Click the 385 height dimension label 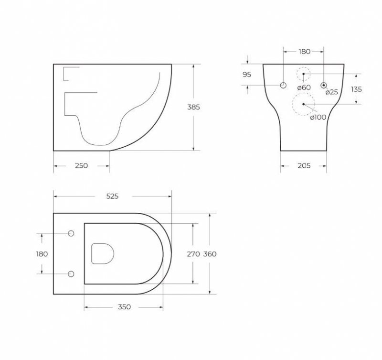(x=193, y=108)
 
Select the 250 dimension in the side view (x=81, y=166)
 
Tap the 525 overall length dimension (x=112, y=196)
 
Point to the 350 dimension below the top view (x=124, y=308)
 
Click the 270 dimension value (x=193, y=254)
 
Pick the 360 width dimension (x=210, y=254)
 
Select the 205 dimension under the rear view (x=304, y=166)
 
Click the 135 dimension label (x=356, y=89)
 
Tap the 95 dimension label (x=247, y=74)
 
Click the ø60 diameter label (x=304, y=87)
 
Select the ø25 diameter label (x=331, y=92)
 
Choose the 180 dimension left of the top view (x=42, y=254)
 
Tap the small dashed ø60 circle (x=303, y=74)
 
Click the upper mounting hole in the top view (x=72, y=234)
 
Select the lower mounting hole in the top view (x=72, y=274)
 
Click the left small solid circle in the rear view (x=283, y=86)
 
